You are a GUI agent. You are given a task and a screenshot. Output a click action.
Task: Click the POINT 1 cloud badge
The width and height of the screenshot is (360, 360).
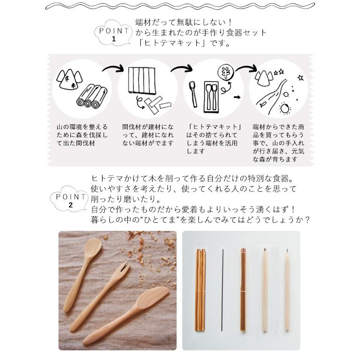coord(113,33)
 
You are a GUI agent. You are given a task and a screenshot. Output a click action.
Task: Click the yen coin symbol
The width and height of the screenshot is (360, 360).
coord(226,72)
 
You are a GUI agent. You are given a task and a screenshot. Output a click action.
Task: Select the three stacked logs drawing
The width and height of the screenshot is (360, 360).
coord(92,96)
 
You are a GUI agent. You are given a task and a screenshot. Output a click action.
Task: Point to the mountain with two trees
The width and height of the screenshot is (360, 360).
coord(69,80)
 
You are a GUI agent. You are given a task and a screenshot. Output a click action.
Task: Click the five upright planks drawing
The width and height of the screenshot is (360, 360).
coord(142,81)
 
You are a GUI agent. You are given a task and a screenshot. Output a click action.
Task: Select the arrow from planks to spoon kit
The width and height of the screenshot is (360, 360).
coord(181,68)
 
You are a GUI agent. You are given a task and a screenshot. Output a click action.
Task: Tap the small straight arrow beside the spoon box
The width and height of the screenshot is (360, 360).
coord(237,97)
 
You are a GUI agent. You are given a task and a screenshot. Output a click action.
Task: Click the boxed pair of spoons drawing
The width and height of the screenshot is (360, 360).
coord(211,97)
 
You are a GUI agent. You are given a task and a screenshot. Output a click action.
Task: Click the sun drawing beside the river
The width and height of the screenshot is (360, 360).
coord(285,108)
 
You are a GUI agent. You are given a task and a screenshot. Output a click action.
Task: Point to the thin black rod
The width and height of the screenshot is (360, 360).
coord(222,290)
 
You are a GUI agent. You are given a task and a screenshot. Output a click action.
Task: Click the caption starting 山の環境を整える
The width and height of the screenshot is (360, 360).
coord(82,135)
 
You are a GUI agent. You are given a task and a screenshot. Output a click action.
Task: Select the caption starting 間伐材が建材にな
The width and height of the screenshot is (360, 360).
coord(148,135)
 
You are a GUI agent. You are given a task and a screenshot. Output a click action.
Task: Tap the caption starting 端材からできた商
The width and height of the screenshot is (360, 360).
coord(279,143)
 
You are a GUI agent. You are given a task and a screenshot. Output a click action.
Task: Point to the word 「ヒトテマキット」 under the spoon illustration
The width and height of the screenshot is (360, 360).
coord(215,127)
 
